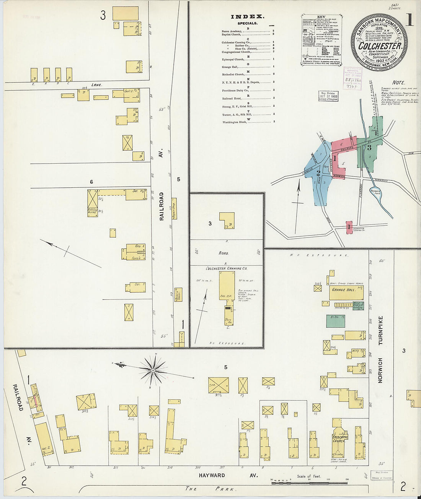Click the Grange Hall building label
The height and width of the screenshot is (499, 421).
tap(344, 290)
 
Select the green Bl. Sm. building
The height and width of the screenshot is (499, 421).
tap(335, 321)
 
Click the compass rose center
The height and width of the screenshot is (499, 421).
tap(153, 370)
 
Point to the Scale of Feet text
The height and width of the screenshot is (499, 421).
tap(309, 476)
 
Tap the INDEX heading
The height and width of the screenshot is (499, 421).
tap(247, 16)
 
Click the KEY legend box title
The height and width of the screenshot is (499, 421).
tap(321, 17)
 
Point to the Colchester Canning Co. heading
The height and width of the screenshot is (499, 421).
tap(227, 268)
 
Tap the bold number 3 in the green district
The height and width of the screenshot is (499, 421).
tap(369, 147)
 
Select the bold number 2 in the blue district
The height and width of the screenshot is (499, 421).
tap(318, 173)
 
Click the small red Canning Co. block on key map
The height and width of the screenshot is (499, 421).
tap(349, 227)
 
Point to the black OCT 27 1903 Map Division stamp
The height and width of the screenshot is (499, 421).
tap(328, 96)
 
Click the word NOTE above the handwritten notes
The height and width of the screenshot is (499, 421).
tap(398, 83)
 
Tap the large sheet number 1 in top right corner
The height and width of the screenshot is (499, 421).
tap(409, 20)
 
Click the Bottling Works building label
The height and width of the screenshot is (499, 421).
tap(92, 212)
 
